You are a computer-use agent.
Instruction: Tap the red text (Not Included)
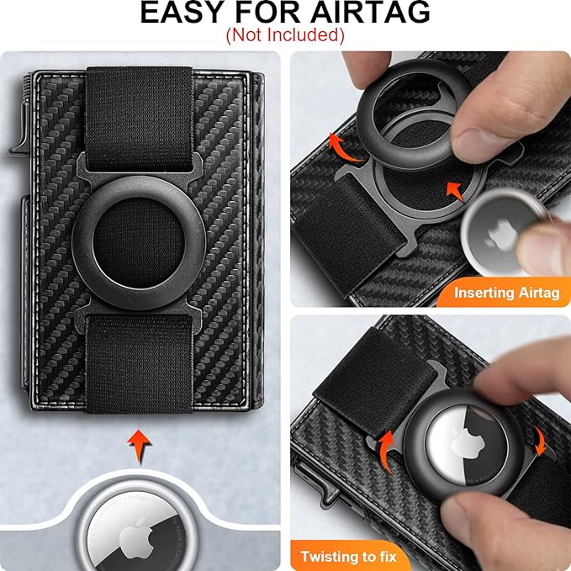(x=285, y=35)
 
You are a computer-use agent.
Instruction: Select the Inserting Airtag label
(x=506, y=293)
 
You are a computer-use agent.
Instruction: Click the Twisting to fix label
(x=350, y=556)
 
